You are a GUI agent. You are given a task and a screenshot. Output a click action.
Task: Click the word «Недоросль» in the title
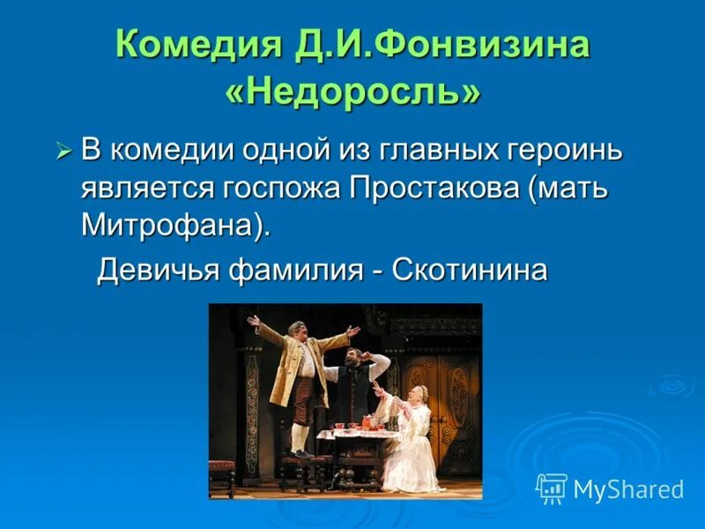352,91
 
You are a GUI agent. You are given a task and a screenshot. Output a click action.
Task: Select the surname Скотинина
469,269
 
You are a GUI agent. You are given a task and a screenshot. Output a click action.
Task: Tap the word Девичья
154,269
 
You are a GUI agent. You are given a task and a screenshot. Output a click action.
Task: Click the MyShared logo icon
552,488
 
